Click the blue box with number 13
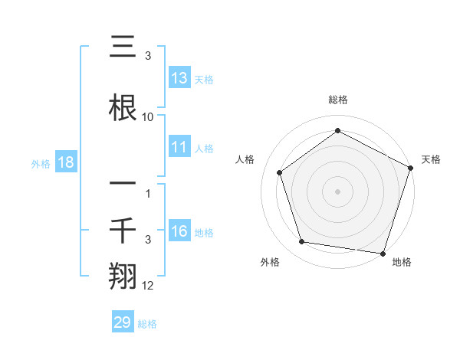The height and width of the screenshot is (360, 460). (179, 78)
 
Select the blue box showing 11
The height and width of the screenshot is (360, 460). (179, 148)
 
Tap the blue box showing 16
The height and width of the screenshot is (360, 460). (179, 232)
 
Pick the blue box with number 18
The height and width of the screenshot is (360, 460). (65, 162)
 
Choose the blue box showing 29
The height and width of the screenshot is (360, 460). (123, 322)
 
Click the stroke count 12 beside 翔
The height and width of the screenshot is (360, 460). (148, 286)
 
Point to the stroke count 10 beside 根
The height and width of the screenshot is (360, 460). (148, 117)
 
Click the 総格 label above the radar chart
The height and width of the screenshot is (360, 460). (337, 100)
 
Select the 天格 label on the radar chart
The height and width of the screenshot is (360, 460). (431, 159)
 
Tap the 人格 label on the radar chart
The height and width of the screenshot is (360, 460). (245, 159)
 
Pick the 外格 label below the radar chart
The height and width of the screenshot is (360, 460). (270, 262)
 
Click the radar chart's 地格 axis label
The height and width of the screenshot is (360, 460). (402, 262)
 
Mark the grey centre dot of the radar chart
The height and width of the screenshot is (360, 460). (337, 191)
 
